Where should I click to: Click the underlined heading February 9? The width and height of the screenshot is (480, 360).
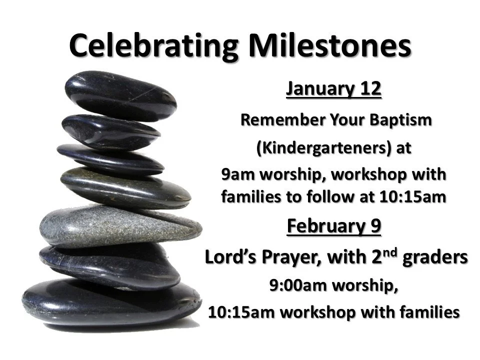click(333, 226)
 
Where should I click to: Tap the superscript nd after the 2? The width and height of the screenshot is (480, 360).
click(406, 252)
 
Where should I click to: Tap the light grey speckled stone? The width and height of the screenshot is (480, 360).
click(120, 225)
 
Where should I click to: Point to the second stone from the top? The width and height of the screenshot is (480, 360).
click(110, 131)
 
